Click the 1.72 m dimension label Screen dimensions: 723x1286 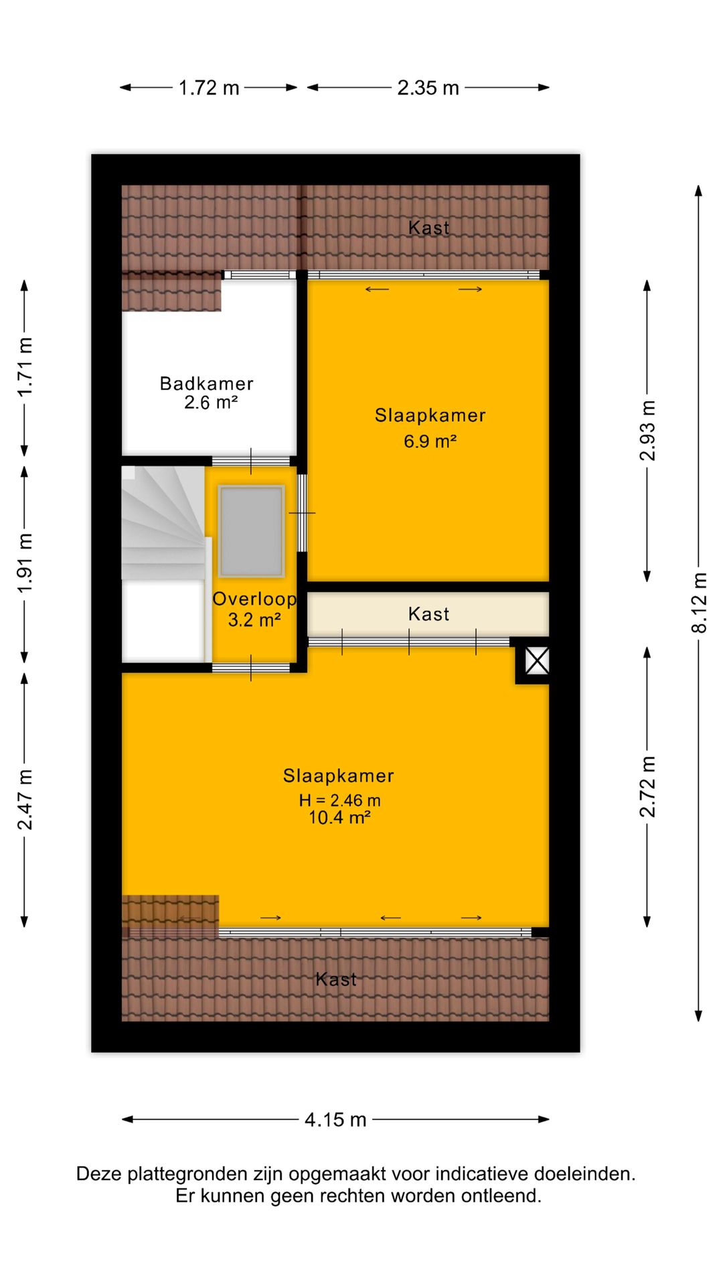(x=209, y=88)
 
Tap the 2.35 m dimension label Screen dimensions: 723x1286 (x=428, y=88)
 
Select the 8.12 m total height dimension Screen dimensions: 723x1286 (x=699, y=602)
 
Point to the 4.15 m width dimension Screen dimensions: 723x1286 (x=335, y=1119)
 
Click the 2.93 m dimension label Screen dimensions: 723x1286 (x=647, y=431)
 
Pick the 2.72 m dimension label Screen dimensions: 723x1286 (x=647, y=786)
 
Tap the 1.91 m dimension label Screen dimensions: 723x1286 (x=25, y=563)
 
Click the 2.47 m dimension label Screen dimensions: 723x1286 (x=25, y=800)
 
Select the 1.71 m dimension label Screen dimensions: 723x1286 (x=25, y=367)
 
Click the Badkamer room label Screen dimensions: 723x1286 (x=207, y=384)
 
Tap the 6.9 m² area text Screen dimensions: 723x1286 (x=430, y=441)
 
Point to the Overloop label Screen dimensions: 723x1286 (x=254, y=599)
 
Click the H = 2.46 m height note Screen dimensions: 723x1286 (x=339, y=800)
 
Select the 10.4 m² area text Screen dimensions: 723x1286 (x=339, y=818)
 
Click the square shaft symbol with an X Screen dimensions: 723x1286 (x=537, y=661)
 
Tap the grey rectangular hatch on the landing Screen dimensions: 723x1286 (x=251, y=531)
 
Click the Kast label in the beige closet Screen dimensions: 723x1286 (x=428, y=614)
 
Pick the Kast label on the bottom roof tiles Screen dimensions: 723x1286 (x=336, y=980)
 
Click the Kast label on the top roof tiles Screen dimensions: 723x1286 (x=428, y=228)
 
